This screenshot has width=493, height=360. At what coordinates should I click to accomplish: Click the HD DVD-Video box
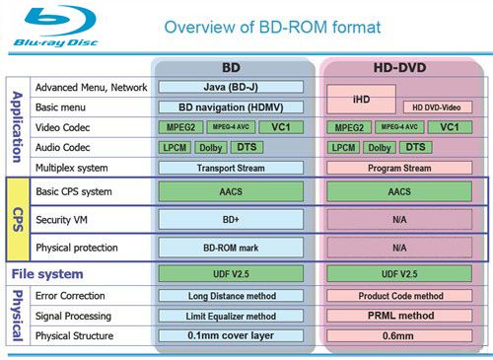pos(438,107)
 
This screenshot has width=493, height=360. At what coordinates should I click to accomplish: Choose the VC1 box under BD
pos(281,127)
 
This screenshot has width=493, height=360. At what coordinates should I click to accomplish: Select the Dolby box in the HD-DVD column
pos(383,147)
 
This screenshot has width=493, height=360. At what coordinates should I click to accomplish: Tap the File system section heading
pos(46,273)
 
